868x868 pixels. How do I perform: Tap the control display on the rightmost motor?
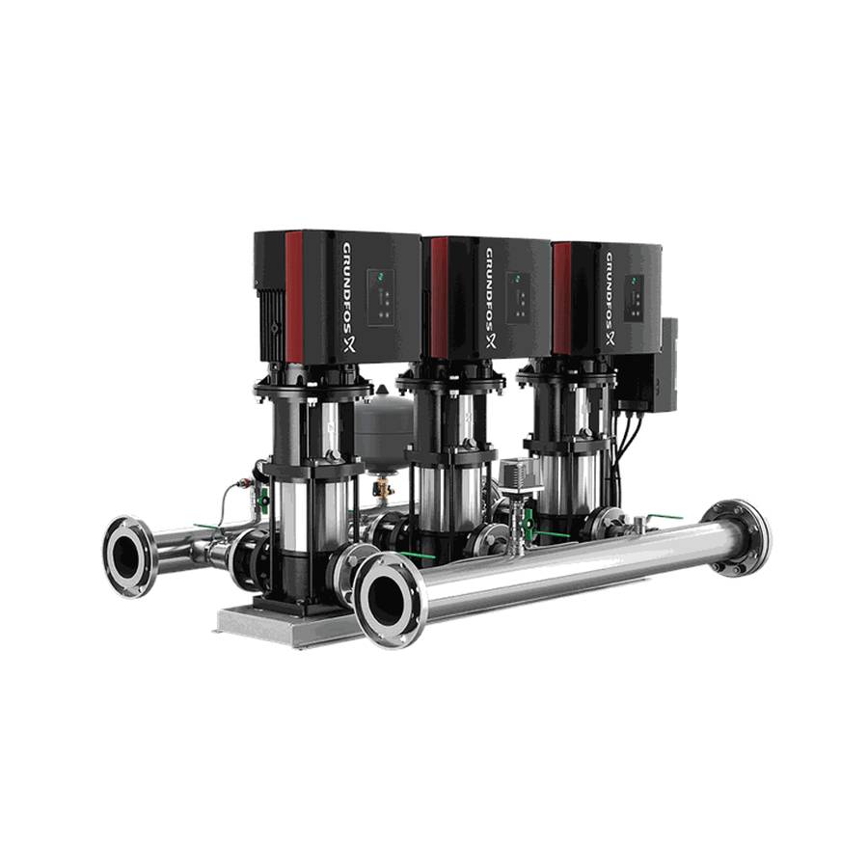pos(634,297)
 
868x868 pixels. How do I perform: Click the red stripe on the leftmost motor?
pos(294,294)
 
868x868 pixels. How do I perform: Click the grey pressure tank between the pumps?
pos(384,434)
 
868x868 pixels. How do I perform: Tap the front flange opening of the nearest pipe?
pos(388,600)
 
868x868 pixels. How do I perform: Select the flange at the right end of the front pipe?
pos(737,536)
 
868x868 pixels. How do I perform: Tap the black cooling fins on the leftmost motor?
pos(271,323)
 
